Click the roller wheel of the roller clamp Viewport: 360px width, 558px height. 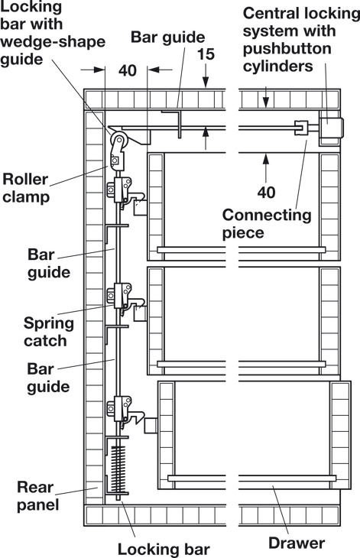pos(118,139)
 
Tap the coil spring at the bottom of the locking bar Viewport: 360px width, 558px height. pos(118,469)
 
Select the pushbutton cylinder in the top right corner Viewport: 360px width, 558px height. pos(332,128)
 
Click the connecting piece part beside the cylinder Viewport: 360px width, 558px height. pos(301,128)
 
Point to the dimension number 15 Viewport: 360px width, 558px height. pos(206,54)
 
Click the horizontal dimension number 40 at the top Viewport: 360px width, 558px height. pos(128,70)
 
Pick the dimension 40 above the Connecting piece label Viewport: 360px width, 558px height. pos(266,192)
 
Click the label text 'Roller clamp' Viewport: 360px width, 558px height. pos(25,188)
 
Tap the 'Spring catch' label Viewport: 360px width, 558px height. pos(49,332)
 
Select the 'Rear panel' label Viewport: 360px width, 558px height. pos(37,496)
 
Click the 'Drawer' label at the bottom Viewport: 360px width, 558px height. pos(297,543)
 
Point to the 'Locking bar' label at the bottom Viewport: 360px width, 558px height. pos(164,549)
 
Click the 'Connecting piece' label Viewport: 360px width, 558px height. pos(267,224)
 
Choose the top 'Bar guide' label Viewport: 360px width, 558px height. pos(167,37)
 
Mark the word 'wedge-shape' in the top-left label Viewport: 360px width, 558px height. pos(53,41)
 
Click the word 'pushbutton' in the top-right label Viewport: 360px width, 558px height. pos(287,48)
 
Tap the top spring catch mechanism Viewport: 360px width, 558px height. pos(125,192)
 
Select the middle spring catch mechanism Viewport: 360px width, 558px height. pos(125,298)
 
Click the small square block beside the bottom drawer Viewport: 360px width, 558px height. pos(151,426)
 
